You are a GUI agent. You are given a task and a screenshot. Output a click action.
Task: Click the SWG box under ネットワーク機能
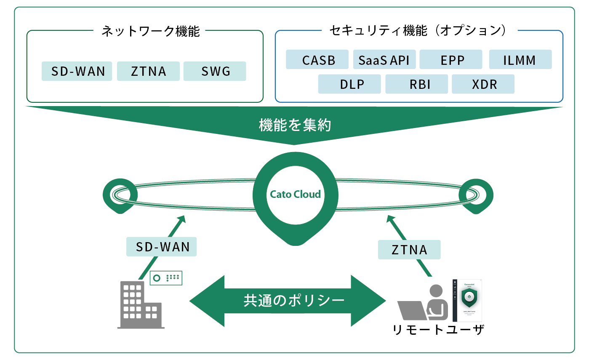pyautogui.click(x=215, y=71)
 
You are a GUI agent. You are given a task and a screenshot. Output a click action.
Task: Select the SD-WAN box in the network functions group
pyautogui.click(x=77, y=71)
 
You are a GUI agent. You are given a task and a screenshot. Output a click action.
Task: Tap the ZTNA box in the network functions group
pyautogui.click(x=148, y=71)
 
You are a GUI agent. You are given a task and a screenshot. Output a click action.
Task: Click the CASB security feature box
pyautogui.click(x=317, y=60)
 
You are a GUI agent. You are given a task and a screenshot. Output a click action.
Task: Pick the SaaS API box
pyautogui.click(x=384, y=60)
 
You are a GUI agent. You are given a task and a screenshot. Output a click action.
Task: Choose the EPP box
pyautogui.click(x=451, y=60)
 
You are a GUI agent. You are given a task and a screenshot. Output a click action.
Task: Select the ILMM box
pyautogui.click(x=520, y=60)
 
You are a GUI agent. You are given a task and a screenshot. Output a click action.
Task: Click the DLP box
pyautogui.click(x=349, y=84)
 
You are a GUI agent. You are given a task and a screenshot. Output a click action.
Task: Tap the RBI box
pyautogui.click(x=417, y=84)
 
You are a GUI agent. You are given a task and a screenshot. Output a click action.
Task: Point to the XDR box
pyautogui.click(x=483, y=84)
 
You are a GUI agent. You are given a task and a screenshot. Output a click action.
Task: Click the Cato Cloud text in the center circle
pyautogui.click(x=295, y=195)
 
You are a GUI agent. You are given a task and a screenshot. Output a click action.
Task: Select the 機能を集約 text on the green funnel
pyautogui.click(x=295, y=125)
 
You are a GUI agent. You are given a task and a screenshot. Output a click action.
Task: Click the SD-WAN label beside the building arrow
pyautogui.click(x=162, y=247)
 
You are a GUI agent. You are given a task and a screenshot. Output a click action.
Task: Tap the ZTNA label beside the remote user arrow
pyautogui.click(x=409, y=250)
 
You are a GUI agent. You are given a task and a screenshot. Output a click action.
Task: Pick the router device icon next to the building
pyautogui.click(x=167, y=278)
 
